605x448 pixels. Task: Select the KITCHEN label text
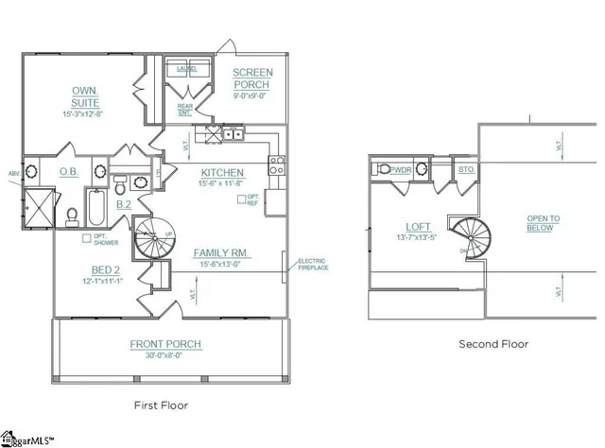(222, 173)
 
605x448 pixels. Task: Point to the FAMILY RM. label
(220, 253)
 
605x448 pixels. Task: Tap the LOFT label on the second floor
(418, 227)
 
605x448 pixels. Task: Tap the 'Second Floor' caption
(493, 345)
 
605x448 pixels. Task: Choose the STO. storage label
(465, 170)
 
